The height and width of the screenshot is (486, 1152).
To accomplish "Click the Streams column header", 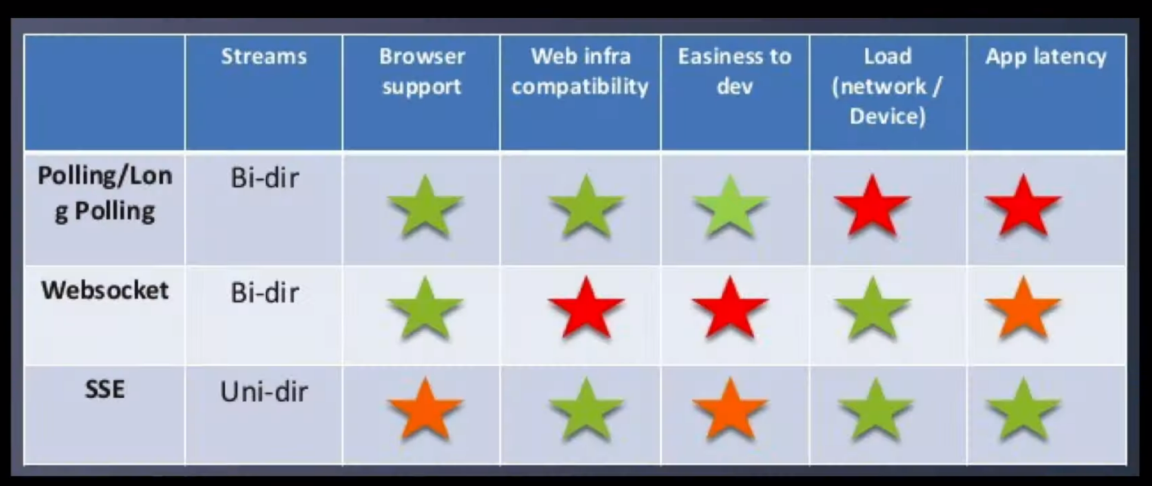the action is pos(264,56).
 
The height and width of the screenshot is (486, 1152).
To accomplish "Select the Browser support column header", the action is pos(422,71).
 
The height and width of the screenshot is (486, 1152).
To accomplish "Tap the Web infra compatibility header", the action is pos(580,71).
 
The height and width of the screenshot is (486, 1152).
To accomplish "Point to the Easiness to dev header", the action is pos(734,71).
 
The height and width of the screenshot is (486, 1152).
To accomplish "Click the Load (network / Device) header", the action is pos(887,86).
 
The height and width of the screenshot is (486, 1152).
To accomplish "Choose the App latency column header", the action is pos(1046,56).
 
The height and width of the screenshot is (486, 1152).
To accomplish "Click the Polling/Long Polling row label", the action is pos(105,194).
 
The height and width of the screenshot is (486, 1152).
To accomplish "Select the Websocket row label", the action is pos(105,290).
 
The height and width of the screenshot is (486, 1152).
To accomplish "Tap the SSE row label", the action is pos(105,389).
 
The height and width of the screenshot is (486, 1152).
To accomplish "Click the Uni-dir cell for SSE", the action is pos(264,392).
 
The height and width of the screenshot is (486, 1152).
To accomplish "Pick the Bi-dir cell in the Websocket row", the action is pos(264,293).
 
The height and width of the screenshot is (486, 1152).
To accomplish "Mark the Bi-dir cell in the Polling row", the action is pos(264,179).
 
